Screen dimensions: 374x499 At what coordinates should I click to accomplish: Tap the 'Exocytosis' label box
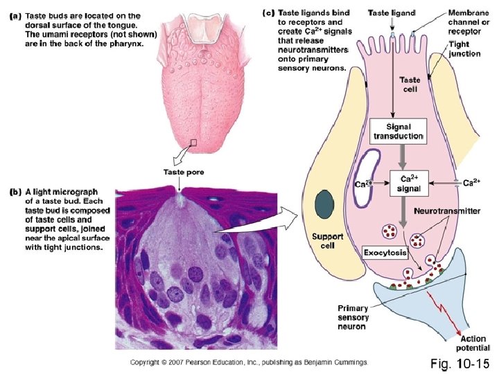386,253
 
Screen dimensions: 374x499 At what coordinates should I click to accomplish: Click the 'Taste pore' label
184,172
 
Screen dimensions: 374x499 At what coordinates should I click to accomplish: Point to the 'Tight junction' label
463,48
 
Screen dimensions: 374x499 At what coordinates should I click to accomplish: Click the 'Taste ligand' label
392,12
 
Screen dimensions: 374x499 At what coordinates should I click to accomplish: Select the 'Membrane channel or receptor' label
468,22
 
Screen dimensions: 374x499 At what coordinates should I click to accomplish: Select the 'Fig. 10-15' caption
460,363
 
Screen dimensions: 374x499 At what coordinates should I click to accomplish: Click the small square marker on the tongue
194,143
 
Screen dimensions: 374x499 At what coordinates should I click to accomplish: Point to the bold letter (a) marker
13,16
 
